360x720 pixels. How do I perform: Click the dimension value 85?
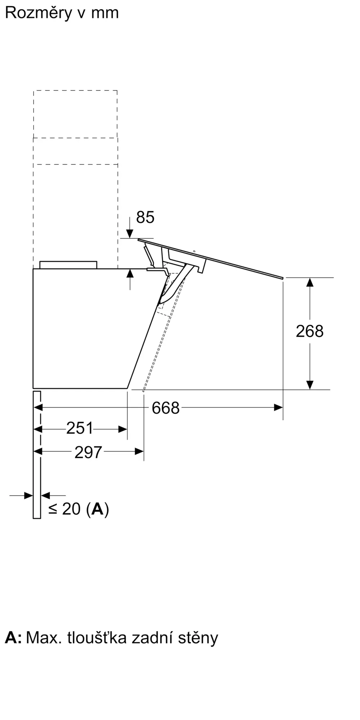click(x=145, y=217)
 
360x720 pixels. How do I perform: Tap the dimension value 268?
click(x=310, y=331)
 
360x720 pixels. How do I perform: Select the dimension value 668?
click(x=166, y=408)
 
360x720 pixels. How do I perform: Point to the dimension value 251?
click(x=80, y=428)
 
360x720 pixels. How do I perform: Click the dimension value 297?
click(x=89, y=452)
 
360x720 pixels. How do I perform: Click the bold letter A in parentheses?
click(x=98, y=509)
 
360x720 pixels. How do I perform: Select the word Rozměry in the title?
click(x=39, y=13)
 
